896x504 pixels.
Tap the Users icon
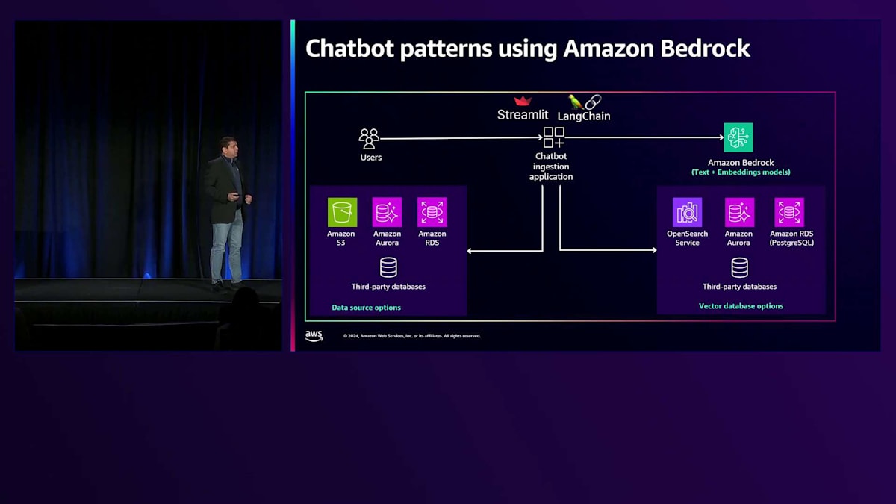tap(369, 139)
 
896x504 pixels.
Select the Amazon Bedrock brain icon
tap(738, 137)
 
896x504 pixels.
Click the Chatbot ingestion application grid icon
tap(553, 137)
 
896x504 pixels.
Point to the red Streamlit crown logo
tap(523, 101)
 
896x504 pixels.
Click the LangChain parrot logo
tap(576, 102)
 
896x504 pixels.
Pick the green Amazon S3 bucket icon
tap(342, 212)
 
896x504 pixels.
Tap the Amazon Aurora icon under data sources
tap(387, 212)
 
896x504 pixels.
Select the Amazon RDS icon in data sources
tap(432, 212)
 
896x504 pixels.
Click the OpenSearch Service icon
tap(687, 212)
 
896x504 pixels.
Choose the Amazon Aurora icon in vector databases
tap(739, 212)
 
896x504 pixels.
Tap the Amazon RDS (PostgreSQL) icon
tap(789, 212)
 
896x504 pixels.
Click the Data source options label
tap(366, 308)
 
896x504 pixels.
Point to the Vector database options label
tap(741, 306)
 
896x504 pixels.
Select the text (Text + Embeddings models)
tap(741, 172)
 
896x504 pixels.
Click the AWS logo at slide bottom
tap(314, 336)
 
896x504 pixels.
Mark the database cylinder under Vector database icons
tap(739, 267)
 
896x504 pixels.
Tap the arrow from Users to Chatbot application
tap(460, 138)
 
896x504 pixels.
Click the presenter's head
tap(227, 146)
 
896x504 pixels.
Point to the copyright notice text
tap(412, 336)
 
